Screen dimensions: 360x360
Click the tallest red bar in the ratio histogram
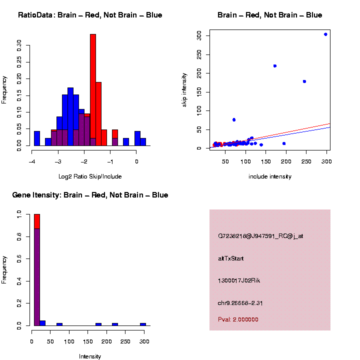[x=93, y=90]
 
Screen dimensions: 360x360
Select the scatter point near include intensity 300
[x=325, y=34]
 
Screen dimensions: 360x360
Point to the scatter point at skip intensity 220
[x=274, y=66]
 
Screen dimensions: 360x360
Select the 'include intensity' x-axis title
[x=270, y=176]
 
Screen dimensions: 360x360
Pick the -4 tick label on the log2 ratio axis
[x=32, y=161]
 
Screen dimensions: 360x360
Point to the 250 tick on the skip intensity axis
[x=199, y=54]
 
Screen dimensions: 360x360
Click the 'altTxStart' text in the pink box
[x=231, y=258]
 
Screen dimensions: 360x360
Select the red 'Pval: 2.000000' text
[x=238, y=319]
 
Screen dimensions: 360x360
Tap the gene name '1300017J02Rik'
[x=239, y=280]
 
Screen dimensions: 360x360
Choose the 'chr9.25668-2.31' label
[x=240, y=303]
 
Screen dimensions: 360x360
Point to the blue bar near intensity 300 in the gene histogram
[x=143, y=324]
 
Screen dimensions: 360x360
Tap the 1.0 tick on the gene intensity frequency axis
[x=19, y=214]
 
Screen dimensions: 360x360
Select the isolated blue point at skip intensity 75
[x=234, y=119]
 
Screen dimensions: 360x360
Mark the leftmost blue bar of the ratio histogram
[x=37, y=138]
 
